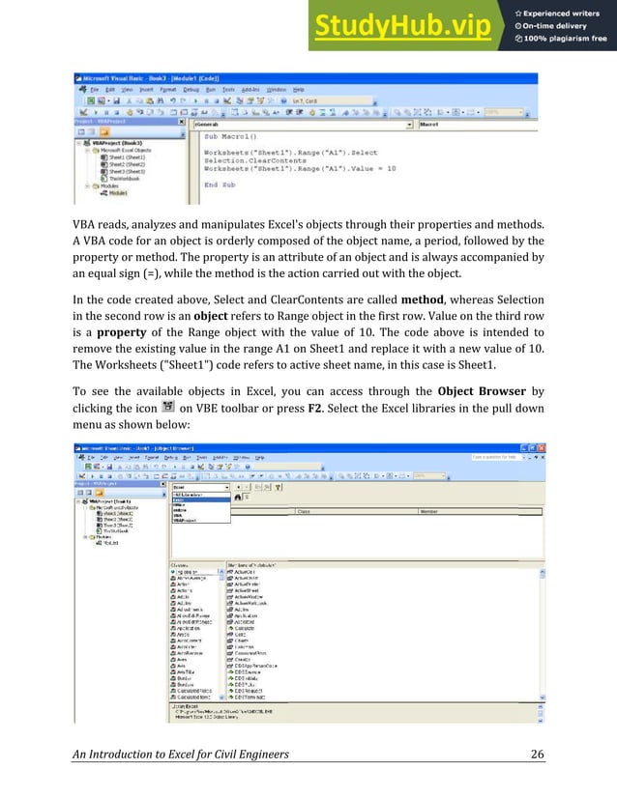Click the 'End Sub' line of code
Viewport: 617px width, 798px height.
point(220,184)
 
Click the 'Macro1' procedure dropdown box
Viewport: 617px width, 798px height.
point(474,124)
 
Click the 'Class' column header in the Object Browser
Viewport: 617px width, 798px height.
point(303,511)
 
